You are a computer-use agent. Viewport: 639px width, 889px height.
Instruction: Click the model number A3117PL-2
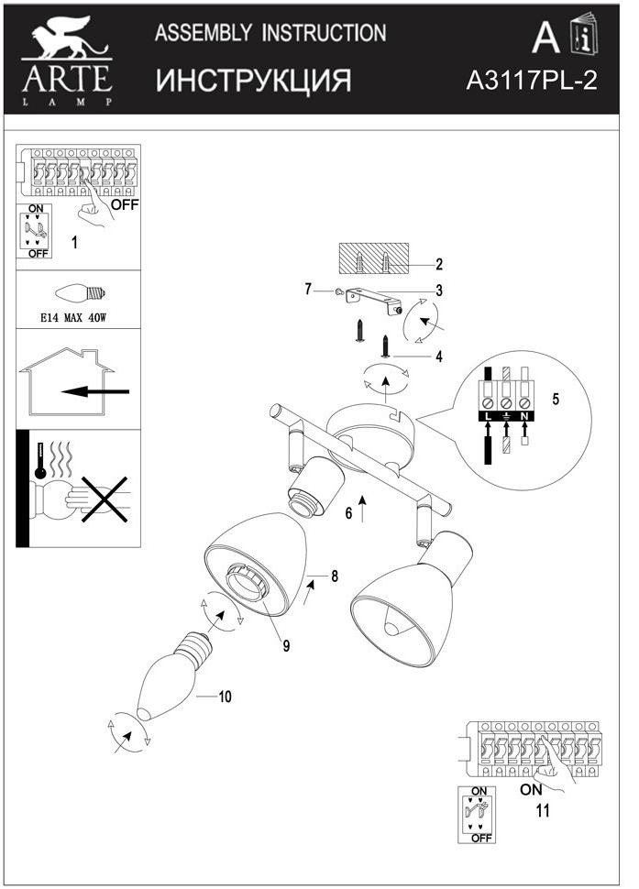[x=532, y=81]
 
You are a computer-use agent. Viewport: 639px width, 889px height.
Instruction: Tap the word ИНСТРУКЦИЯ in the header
[x=253, y=81]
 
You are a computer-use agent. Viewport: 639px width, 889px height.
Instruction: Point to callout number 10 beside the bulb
[x=225, y=697]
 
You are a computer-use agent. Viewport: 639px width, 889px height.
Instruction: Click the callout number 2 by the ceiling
[x=439, y=265]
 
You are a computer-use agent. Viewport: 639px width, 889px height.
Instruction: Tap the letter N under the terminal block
[x=523, y=418]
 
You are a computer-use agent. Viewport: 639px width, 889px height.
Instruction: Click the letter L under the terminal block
[x=488, y=418]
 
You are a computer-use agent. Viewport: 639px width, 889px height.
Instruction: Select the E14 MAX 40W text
[x=78, y=319]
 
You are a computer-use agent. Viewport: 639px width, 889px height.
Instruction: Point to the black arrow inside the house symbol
[x=95, y=392]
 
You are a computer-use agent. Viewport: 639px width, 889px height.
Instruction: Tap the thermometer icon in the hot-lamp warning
[x=40, y=463]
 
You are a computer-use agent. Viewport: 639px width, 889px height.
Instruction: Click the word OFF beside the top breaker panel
[x=125, y=205]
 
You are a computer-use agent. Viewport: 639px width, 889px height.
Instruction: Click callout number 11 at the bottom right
[x=543, y=810]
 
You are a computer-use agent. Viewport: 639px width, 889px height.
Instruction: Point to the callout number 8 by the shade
[x=336, y=576]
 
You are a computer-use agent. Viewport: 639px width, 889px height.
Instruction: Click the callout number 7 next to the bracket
[x=308, y=290]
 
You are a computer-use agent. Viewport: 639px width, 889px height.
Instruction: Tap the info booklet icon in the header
[x=581, y=38]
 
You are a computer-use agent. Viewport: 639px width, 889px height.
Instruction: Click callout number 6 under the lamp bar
[x=348, y=513]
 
